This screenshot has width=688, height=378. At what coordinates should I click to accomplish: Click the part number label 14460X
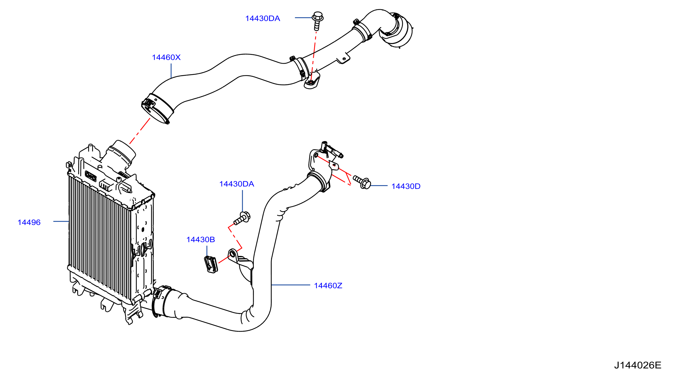(x=166, y=57)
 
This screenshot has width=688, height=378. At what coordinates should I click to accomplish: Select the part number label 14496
(x=29, y=222)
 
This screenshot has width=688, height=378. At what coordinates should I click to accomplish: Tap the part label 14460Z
(x=328, y=286)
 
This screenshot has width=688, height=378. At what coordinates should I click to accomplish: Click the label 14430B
(x=200, y=239)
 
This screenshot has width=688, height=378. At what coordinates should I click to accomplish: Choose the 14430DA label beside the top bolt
(x=263, y=18)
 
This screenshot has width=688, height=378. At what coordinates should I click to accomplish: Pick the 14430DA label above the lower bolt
(x=237, y=184)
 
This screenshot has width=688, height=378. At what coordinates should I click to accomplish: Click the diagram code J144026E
(x=638, y=365)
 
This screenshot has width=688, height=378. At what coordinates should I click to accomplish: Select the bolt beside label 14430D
(x=362, y=182)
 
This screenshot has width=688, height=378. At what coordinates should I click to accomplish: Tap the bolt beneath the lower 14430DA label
(x=242, y=218)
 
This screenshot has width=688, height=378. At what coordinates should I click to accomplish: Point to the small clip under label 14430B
(x=211, y=264)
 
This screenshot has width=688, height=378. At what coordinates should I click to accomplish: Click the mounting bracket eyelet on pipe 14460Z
(x=233, y=254)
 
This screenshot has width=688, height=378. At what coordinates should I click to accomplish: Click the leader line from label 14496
(x=61, y=221)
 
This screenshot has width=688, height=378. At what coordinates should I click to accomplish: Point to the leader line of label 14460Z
(x=291, y=285)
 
